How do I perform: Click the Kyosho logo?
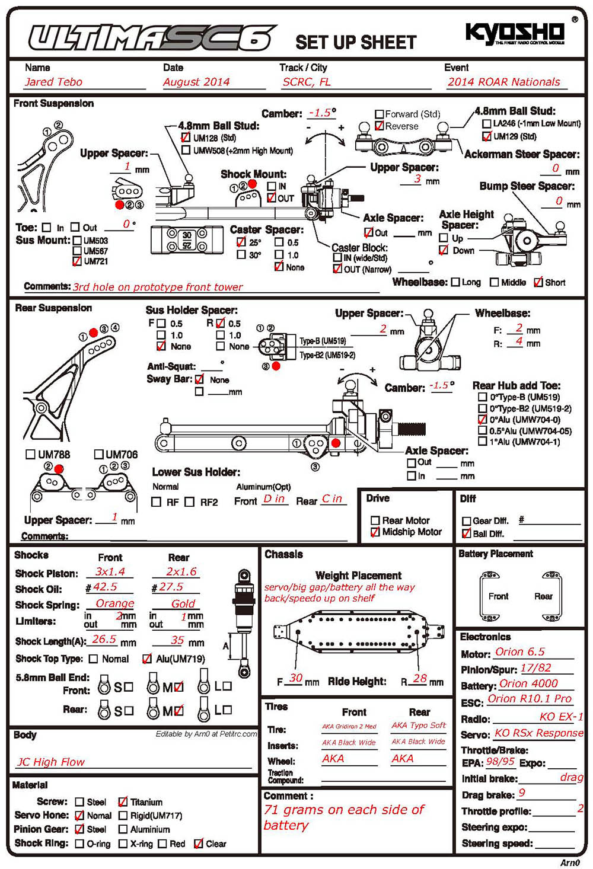pyautogui.click(x=514, y=34)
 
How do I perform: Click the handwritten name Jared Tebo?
pyautogui.click(x=53, y=82)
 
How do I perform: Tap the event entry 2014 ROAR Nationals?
pyautogui.click(x=503, y=82)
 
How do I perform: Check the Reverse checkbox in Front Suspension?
pyautogui.click(x=380, y=126)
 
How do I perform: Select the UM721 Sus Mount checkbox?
pyautogui.click(x=77, y=261)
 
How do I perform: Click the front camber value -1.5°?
pyautogui.click(x=322, y=113)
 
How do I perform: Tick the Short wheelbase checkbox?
pyautogui.click(x=538, y=282)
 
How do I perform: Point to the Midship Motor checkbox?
pyautogui.click(x=375, y=532)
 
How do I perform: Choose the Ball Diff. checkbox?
pyautogui.click(x=466, y=533)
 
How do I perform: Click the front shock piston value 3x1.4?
pyautogui.click(x=110, y=571)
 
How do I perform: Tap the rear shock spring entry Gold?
pyautogui.click(x=183, y=603)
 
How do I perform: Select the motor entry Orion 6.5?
pyautogui.click(x=519, y=651)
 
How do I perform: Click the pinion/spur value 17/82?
pyautogui.click(x=535, y=667)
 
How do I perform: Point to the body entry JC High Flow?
pyautogui.click(x=51, y=762)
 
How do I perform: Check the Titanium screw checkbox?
pyautogui.click(x=123, y=801)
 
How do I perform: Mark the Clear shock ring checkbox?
pyautogui.click(x=199, y=844)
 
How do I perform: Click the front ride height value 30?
pyautogui.click(x=296, y=678)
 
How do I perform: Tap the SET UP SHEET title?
pyautogui.click(x=356, y=43)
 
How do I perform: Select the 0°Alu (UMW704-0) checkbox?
pyautogui.click(x=482, y=419)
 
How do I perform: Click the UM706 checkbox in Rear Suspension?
pyautogui.click(x=98, y=454)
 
